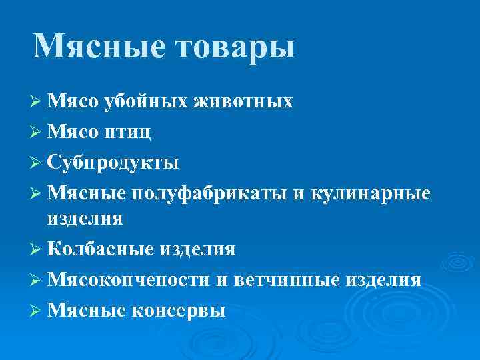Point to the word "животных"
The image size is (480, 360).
[x=243, y=101]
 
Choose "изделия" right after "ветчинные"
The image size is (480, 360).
[x=383, y=279]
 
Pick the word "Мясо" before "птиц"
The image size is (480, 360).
[x=74, y=132]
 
